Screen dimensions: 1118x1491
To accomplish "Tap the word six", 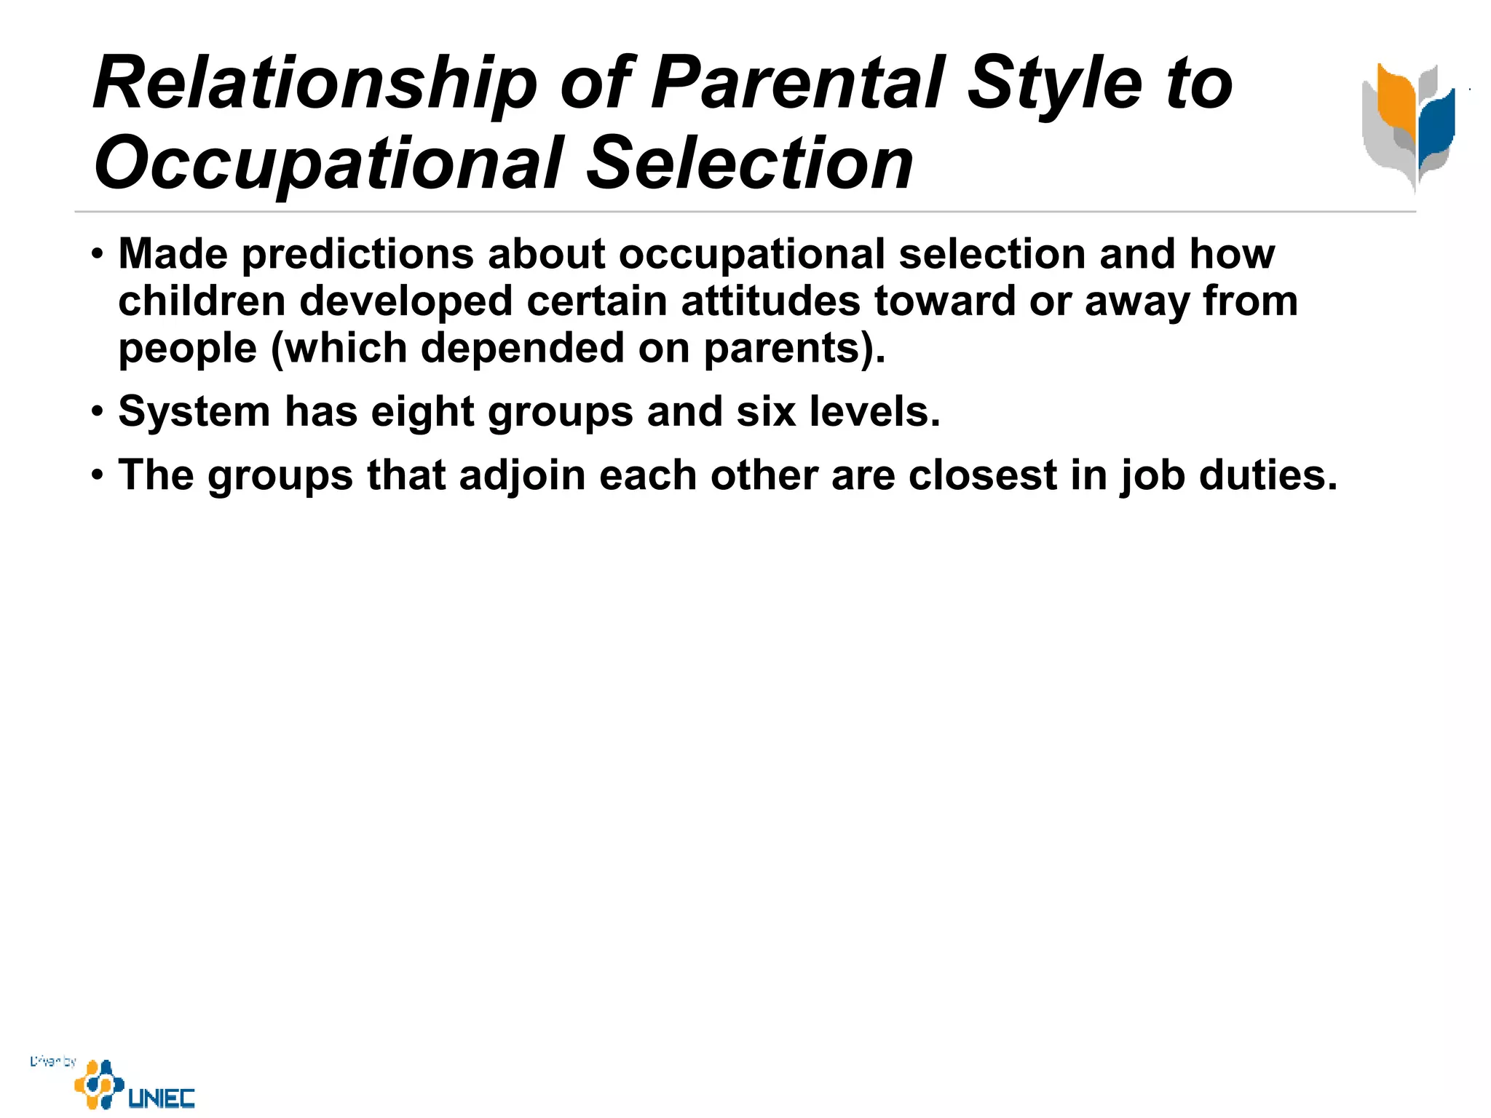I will [766, 412].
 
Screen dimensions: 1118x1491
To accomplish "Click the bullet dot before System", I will [98, 413].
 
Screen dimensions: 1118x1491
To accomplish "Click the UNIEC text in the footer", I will [162, 1098].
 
